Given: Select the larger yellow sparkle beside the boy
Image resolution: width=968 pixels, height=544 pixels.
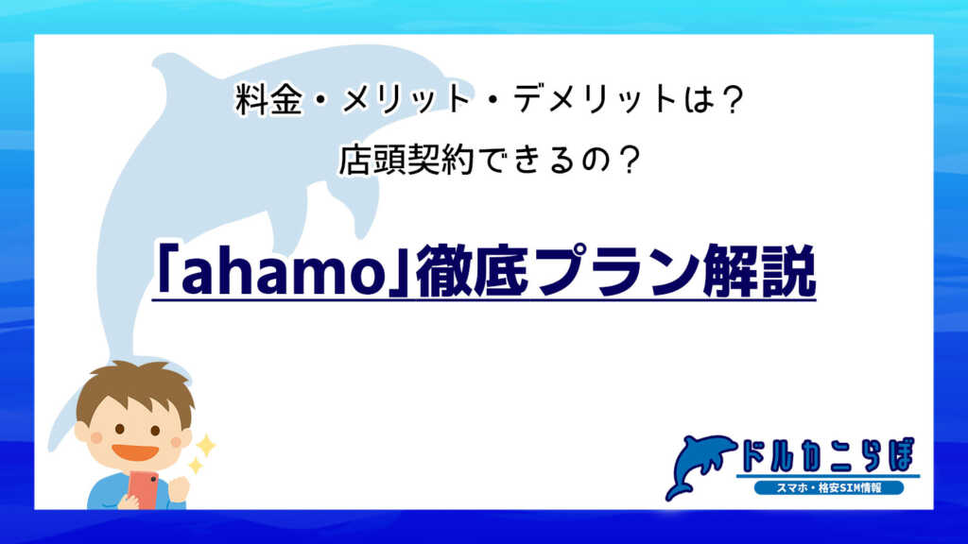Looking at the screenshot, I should pos(204,444).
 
